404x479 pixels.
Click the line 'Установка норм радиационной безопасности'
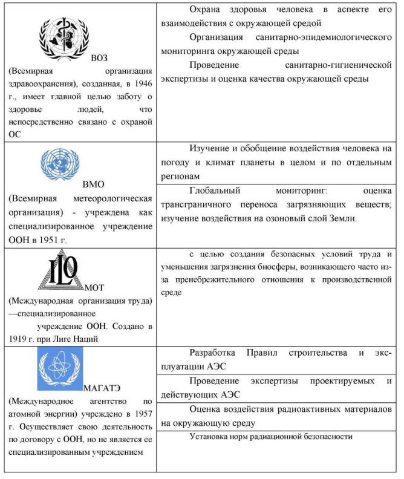click(x=270, y=435)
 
